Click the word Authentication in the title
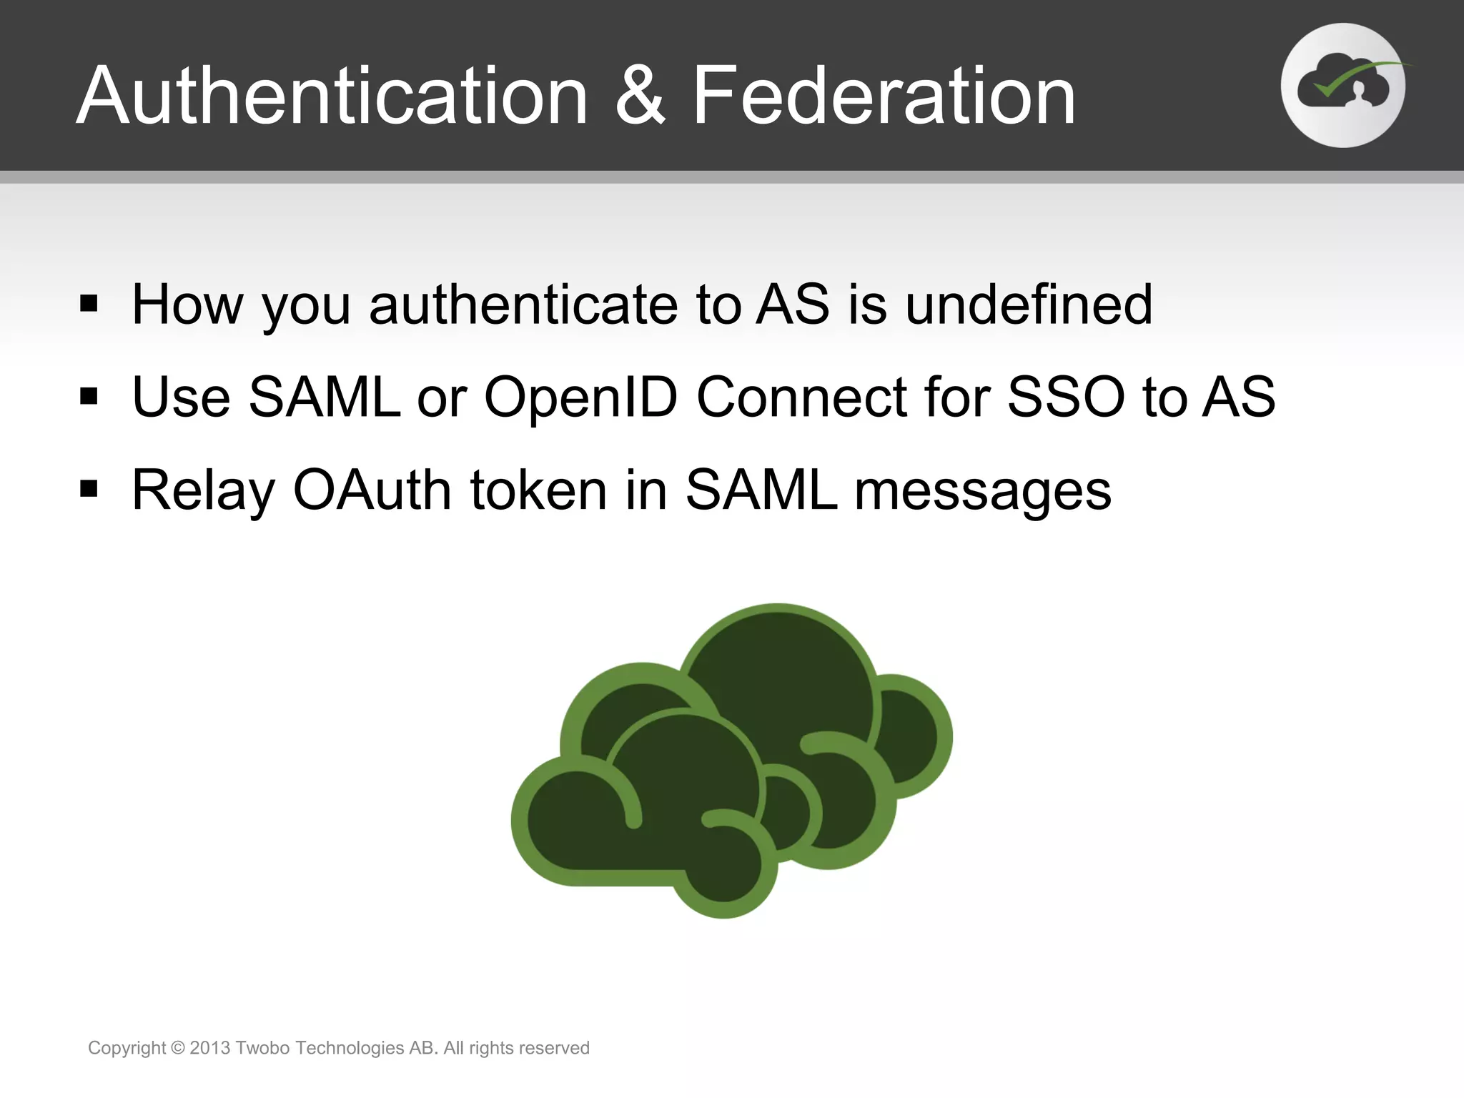[332, 96]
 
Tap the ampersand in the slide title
[640, 96]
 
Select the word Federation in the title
[884, 96]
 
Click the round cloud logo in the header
[1343, 86]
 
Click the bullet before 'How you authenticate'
[89, 304]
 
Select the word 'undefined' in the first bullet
[1029, 305]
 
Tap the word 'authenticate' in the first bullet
[523, 305]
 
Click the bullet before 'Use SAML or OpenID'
[89, 396]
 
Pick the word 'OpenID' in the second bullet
[580, 397]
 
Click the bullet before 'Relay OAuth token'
[89, 489]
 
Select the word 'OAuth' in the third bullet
[372, 490]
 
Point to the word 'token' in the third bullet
[538, 490]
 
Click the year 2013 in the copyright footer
[210, 1048]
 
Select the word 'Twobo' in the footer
[262, 1048]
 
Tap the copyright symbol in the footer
[178, 1048]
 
